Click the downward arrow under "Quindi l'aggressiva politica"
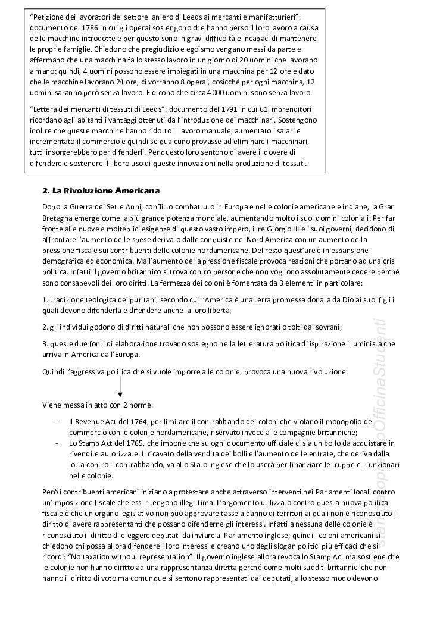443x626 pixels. pos(120,387)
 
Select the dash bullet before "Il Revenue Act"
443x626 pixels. pos(55,422)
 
